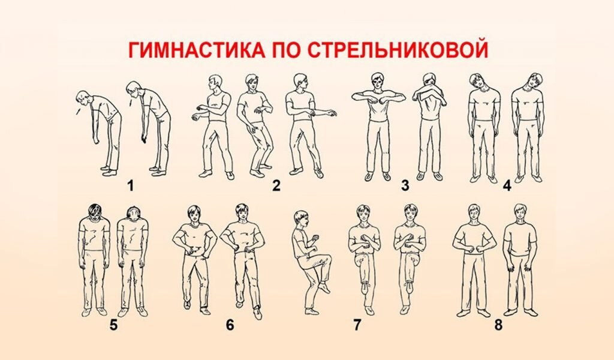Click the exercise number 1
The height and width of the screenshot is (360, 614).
(x=130, y=185)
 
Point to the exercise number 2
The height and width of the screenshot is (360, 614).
(x=276, y=185)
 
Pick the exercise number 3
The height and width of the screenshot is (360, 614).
(x=405, y=185)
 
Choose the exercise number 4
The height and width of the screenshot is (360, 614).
(x=507, y=185)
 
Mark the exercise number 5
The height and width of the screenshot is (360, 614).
(x=113, y=325)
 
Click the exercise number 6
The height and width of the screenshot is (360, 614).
(x=230, y=325)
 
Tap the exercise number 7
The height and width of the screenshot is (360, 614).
(x=357, y=325)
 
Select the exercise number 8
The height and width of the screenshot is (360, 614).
(x=498, y=325)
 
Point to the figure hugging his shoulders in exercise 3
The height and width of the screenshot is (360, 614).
(x=429, y=126)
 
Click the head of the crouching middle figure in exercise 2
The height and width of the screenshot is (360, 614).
(x=252, y=82)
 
